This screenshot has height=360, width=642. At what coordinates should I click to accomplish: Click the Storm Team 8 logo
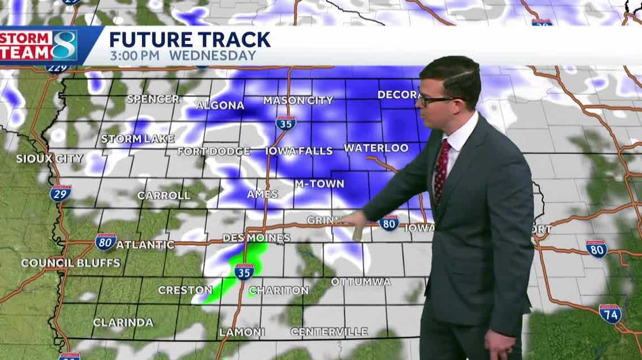click(x=38, y=46)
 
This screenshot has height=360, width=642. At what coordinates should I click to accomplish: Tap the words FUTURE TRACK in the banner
click(x=190, y=40)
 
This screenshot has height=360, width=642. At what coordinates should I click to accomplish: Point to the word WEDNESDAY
click(x=212, y=56)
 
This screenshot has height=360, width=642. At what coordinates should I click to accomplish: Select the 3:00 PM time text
click(x=136, y=56)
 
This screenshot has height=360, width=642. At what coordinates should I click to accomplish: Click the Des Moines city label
click(x=256, y=238)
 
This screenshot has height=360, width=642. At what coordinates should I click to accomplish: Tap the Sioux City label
click(x=50, y=158)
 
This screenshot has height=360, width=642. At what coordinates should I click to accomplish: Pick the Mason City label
click(x=298, y=101)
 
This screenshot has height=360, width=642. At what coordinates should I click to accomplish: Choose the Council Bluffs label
click(x=71, y=263)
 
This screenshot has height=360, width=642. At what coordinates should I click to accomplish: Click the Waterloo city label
click(x=376, y=148)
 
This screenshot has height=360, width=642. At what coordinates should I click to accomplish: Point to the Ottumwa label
click(x=361, y=281)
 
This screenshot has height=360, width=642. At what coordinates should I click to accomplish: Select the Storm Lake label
click(x=138, y=139)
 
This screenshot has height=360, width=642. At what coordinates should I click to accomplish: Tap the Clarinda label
click(x=123, y=322)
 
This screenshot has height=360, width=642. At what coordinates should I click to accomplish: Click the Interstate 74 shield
click(x=610, y=313)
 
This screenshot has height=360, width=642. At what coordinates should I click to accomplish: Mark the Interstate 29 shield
click(x=61, y=193)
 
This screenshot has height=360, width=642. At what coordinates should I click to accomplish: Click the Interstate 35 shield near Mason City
click(x=286, y=122)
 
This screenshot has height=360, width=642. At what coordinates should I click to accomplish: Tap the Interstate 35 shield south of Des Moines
click(x=244, y=271)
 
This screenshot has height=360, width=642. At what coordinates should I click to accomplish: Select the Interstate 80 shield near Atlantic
click(x=106, y=242)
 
